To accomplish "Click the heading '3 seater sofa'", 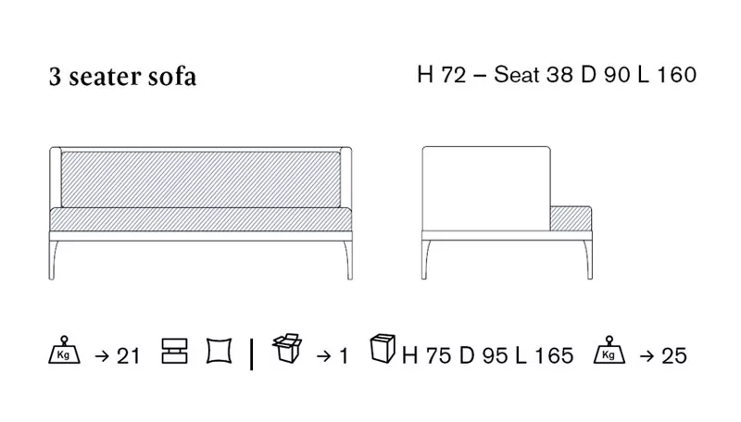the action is (122, 77).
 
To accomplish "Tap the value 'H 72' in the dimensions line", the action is (442, 75).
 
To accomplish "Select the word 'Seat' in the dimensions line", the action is (517, 75).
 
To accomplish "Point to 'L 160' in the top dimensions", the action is (667, 75).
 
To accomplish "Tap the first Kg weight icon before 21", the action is (64, 350).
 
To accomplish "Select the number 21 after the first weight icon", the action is (128, 356).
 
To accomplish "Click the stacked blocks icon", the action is (174, 351).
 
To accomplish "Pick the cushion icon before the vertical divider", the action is (220, 351).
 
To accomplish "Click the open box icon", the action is (287, 348).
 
